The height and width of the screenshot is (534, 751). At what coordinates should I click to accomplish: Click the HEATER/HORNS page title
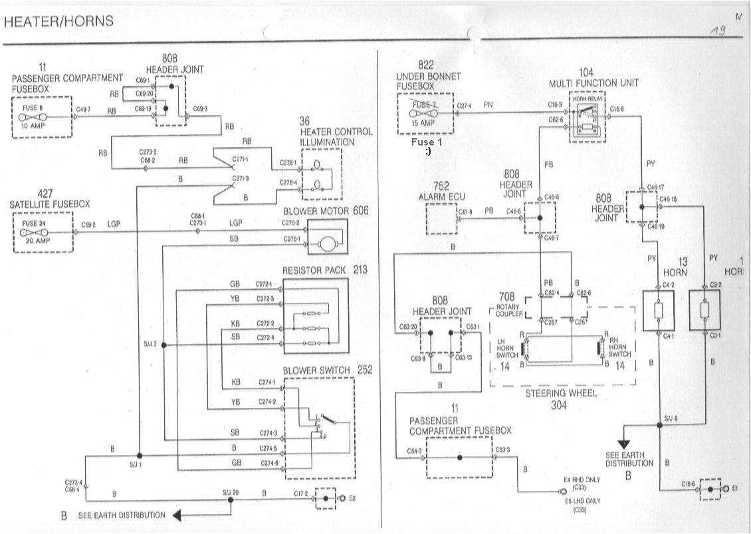[x=58, y=21]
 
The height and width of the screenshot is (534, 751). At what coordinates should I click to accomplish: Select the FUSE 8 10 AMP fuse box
[x=41, y=118]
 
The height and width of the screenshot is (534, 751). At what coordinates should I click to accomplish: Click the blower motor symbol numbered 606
[x=328, y=244]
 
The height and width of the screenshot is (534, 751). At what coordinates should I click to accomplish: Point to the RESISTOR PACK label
[x=315, y=271]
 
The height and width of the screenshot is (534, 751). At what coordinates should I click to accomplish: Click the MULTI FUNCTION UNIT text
[x=593, y=83]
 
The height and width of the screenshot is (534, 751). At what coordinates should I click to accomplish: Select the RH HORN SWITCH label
[x=619, y=345]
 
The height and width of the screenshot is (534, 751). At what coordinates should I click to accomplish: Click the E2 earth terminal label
[x=352, y=498]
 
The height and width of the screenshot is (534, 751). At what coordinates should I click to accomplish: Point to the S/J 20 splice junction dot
[x=231, y=499]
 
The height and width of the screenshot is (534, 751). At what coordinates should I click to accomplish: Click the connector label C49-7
[x=83, y=110]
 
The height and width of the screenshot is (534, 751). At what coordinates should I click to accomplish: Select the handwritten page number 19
[x=718, y=31]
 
